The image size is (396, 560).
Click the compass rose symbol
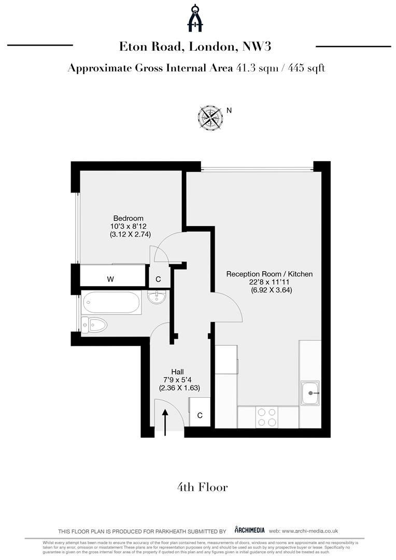(x=210, y=118)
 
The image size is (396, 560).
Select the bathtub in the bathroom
(x=111, y=303)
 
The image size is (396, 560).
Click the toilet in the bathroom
(x=94, y=325)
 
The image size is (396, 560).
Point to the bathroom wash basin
(x=157, y=297)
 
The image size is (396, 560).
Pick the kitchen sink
(x=310, y=393)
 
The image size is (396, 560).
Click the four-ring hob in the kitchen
(x=267, y=417)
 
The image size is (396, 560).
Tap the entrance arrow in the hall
(x=165, y=423)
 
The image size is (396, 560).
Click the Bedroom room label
(x=128, y=218)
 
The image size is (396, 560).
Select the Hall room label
(x=177, y=372)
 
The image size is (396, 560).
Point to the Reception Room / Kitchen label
(x=269, y=274)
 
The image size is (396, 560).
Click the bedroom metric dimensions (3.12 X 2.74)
(x=130, y=234)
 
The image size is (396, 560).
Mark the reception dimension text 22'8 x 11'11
(x=269, y=282)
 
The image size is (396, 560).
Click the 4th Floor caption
(x=202, y=487)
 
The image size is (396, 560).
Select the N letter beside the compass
(x=229, y=110)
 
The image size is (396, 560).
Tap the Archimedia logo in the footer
(x=250, y=530)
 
